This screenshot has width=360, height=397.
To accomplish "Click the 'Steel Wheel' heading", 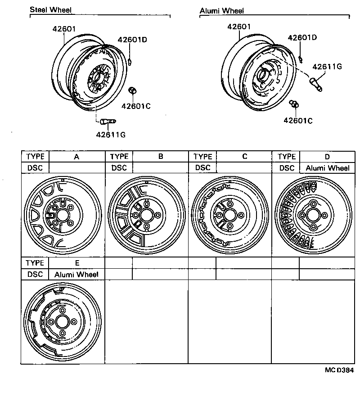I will pyautogui.click(x=50, y=10).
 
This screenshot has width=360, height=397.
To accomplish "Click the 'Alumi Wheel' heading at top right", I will pyautogui.click(x=222, y=10).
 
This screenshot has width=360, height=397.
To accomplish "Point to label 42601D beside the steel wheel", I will pyautogui.click(x=133, y=40).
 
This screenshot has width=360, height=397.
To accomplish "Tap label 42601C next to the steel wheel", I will pyautogui.click(x=135, y=106).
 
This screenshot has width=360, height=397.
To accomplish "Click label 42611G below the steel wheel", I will pyautogui.click(x=110, y=134).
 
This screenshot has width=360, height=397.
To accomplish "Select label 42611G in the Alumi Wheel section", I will pyautogui.click(x=328, y=67).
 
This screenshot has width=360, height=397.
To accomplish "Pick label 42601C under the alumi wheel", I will pyautogui.click(x=298, y=120).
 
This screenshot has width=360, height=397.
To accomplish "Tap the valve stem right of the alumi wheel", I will pyautogui.click(x=315, y=84).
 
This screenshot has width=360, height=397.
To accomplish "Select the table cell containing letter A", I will pyautogui.click(x=76, y=157).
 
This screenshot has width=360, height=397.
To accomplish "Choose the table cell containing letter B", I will pyautogui.click(x=160, y=157).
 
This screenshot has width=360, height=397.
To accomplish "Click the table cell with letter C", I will pyautogui.click(x=244, y=157).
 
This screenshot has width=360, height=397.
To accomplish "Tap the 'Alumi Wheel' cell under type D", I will pyautogui.click(x=327, y=168).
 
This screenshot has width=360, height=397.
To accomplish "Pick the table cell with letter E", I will pyautogui.click(x=76, y=263).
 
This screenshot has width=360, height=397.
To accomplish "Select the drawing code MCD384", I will pyautogui.click(x=339, y=370).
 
